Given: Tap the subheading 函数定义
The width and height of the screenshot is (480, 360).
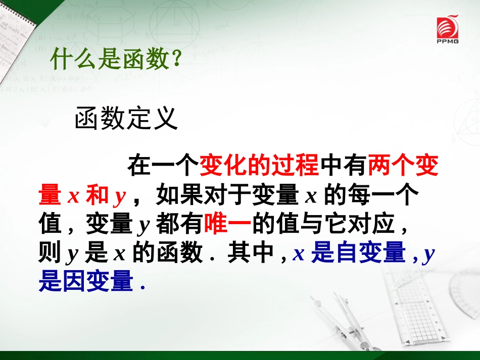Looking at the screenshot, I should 126,120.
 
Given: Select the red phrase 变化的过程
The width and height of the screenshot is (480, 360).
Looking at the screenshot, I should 259,166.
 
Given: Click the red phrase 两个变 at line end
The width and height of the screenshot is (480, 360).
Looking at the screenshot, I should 403,166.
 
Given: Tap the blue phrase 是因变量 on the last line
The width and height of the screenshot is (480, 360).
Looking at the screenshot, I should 85,281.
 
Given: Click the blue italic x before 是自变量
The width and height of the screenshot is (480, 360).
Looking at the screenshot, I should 299,253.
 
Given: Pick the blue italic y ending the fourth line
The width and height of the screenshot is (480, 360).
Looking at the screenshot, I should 429,254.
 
